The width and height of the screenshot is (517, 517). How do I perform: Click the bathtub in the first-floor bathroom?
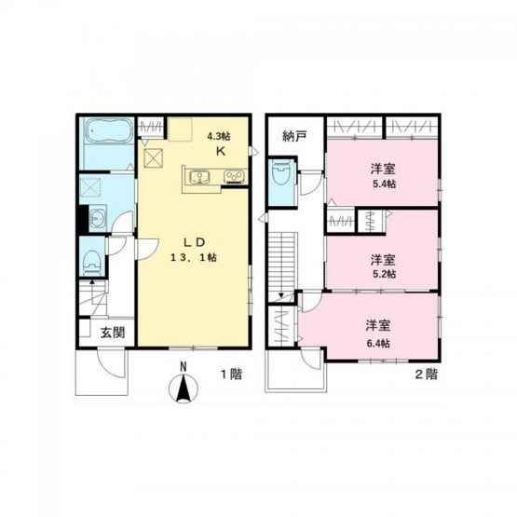(107, 131)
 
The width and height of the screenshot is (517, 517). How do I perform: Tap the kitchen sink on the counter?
(199, 176)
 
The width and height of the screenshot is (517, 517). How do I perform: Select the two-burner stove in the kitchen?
(232, 175)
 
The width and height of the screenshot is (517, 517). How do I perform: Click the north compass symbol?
(184, 386)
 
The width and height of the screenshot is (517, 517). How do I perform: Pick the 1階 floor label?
(230, 374)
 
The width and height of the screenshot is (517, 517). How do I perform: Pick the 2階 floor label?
(425, 374)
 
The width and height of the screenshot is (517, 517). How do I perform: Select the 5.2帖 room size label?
(382, 274)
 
